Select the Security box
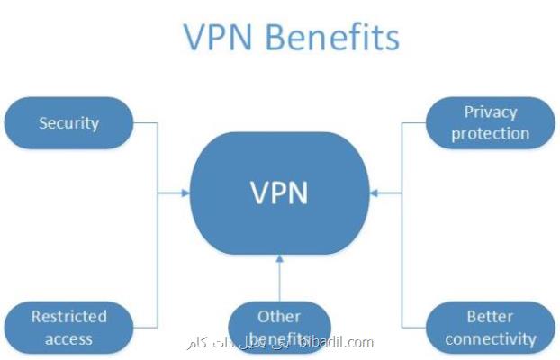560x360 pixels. pos(68,123)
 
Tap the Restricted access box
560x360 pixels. pos(68,328)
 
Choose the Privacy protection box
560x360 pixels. pos(490,123)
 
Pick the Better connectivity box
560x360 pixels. pos(490,328)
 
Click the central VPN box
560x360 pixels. pos(279,192)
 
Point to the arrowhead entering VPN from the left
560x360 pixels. pos(185,192)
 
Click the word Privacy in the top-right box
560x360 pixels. pos(490,113)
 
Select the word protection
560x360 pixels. pos(490,133)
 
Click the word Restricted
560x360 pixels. pos(68,317)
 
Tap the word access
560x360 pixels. pos(68,339)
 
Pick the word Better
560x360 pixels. pos(490,317)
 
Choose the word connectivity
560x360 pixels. pos(490,339)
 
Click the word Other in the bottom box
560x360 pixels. pos(279,317)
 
